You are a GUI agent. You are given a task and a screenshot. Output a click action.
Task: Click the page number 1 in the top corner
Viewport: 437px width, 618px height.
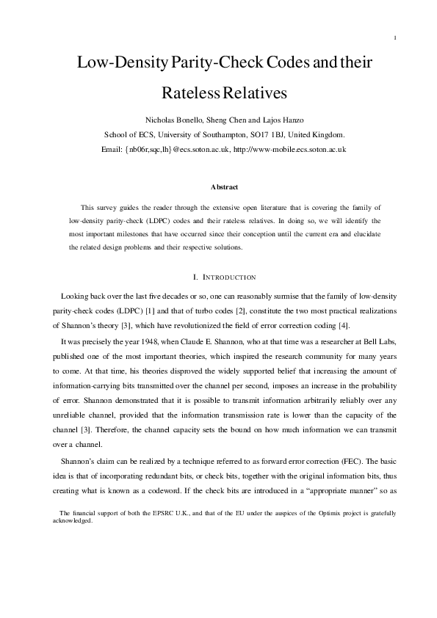click(395, 38)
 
